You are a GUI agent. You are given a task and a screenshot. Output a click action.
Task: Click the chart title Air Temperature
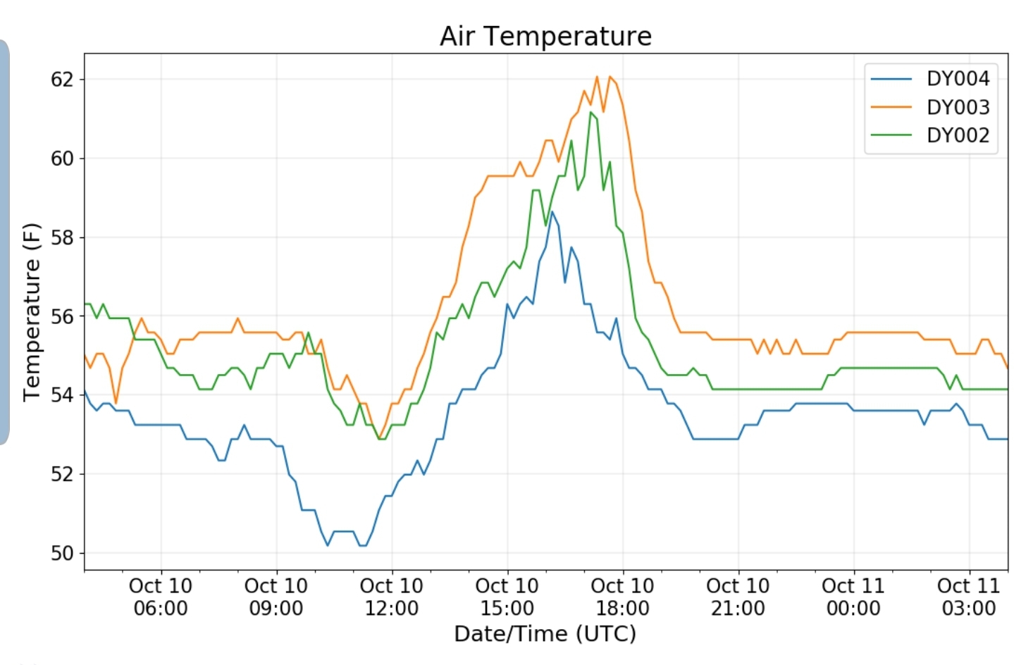pos(545,36)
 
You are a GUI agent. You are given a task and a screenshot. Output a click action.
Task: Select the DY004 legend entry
pos(958,78)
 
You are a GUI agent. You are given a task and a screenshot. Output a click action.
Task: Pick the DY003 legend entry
pos(958,107)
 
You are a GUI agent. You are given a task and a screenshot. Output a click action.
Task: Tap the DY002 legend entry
pos(958,135)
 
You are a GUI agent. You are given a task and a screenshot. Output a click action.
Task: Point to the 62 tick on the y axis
pos(62,80)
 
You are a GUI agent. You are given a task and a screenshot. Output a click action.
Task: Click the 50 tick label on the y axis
pos(62,553)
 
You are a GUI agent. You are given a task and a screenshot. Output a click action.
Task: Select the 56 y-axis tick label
pos(62,316)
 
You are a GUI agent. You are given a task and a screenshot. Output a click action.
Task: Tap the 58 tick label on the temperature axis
pos(62,237)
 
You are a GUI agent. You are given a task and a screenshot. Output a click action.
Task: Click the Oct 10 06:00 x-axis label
pos(161,597)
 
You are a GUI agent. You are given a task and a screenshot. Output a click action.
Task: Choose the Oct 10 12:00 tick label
pos(392,597)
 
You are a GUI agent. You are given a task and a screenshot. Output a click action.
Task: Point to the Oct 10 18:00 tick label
pos(622,597)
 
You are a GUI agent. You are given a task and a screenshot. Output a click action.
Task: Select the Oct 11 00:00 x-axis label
pos(853,597)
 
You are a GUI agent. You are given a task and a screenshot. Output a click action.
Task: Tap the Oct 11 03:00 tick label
pos(969,597)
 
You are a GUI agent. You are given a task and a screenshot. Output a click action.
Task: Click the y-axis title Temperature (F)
pos(32,312)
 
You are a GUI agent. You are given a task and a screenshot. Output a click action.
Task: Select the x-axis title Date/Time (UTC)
pos(545,634)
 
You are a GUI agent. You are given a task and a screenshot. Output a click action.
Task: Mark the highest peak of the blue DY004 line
pos(552,211)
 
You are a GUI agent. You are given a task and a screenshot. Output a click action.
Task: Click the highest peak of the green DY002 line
pos(591,112)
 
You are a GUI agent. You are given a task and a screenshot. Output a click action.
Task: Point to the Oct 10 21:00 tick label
pos(738,597)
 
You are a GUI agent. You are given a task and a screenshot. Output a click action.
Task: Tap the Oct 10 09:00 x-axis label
pos(276,597)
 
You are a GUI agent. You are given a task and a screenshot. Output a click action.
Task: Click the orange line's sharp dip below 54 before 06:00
pos(116,403)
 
